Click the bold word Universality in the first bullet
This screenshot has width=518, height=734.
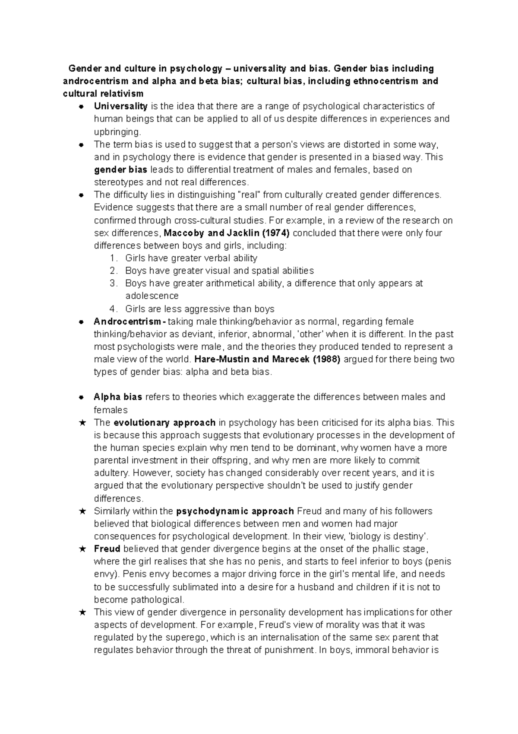pyautogui.click(x=120, y=106)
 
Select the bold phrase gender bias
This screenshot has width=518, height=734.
pyautogui.click(x=120, y=169)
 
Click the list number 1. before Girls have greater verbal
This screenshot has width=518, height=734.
pyautogui.click(x=113, y=258)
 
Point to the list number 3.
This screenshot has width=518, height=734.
pyautogui.click(x=113, y=284)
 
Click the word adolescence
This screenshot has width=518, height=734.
pyautogui.click(x=152, y=296)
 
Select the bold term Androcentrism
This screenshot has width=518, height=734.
pyautogui.click(x=128, y=322)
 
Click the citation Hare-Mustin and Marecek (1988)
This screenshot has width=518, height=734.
pyautogui.click(x=268, y=359)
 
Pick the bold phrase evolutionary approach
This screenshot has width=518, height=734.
pyautogui.click(x=164, y=422)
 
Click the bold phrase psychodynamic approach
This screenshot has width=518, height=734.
pyautogui.click(x=235, y=511)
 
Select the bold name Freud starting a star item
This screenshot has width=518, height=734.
pyautogui.click(x=107, y=549)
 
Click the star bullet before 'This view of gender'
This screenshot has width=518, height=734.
pyautogui.click(x=83, y=613)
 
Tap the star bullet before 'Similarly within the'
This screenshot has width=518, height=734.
pyautogui.click(x=83, y=511)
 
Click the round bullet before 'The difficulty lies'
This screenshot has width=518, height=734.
pyautogui.click(x=81, y=195)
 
